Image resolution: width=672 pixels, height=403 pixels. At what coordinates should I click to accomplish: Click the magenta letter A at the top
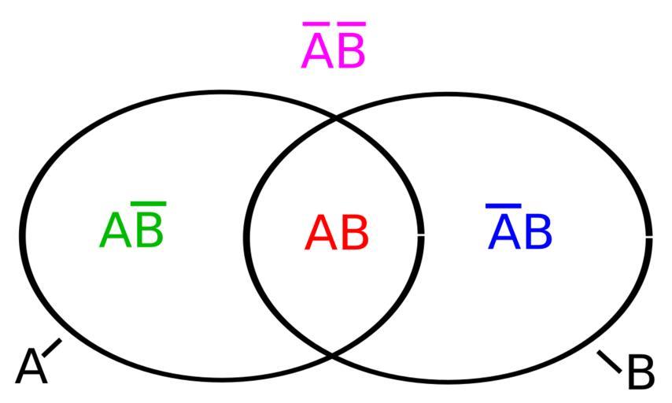tap(317, 51)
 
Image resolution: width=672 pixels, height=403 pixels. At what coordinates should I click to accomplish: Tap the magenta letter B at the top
tap(351, 51)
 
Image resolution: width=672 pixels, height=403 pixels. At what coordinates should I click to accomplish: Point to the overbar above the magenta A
tap(316, 24)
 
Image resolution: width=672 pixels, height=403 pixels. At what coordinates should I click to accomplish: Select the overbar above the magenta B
tap(352, 24)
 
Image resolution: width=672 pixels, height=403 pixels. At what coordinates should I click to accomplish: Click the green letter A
tap(115, 231)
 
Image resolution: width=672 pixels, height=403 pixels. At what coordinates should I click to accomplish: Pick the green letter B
tap(150, 231)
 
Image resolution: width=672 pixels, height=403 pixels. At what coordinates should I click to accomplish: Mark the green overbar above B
tap(149, 204)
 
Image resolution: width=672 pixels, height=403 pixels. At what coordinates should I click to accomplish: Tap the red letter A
tap(320, 234)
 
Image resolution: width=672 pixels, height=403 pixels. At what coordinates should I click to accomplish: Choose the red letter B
tap(354, 234)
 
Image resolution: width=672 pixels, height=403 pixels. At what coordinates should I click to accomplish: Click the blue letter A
tap(504, 232)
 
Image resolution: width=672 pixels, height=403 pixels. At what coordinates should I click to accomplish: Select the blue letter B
tap(538, 232)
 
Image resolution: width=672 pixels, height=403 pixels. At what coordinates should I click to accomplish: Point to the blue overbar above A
tap(503, 206)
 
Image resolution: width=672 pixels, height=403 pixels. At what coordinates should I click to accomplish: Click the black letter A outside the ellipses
tap(31, 367)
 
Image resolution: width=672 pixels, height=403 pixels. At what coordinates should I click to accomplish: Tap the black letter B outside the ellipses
tap(641, 372)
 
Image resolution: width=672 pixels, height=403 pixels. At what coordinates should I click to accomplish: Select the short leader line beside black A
tap(52, 348)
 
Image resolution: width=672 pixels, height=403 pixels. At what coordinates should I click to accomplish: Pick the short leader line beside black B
tap(609, 361)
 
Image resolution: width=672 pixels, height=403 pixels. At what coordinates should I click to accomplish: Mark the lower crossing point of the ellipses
tap(333, 354)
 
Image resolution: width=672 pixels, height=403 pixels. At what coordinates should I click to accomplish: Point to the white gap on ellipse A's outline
tap(421, 235)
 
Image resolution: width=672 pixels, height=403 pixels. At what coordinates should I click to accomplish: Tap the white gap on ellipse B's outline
tap(649, 236)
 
